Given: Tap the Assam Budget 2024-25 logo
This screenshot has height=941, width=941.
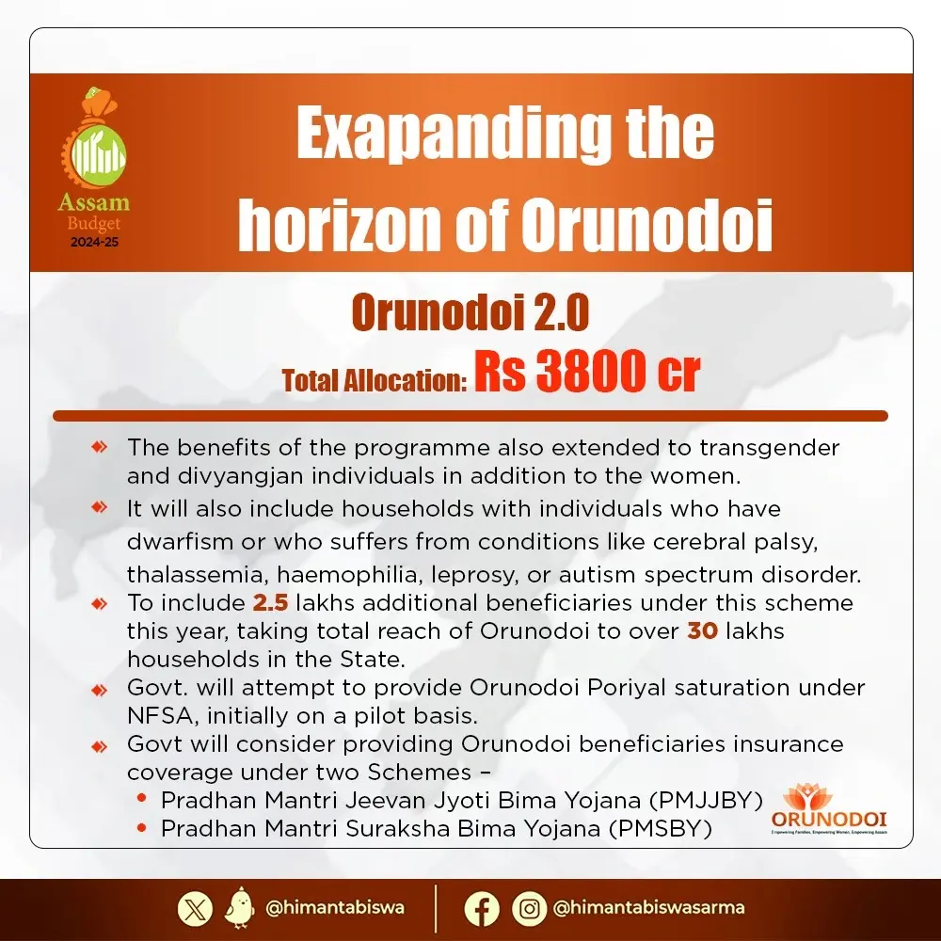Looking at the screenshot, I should pos(93,169).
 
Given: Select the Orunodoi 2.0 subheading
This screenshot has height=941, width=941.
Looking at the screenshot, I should pos(470,314).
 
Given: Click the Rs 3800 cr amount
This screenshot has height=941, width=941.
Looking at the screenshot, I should pos(586,371).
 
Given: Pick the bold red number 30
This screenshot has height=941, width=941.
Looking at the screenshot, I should pos(702,630).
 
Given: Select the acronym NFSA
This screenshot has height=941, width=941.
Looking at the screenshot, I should pos(157,715).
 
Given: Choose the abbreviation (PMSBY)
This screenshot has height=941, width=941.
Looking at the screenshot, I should pos(659,828).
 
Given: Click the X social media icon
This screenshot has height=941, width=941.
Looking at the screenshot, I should pos(195,908).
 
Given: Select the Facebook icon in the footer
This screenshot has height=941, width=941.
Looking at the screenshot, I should pos(482,908).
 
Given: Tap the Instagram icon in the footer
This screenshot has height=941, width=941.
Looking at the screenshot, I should pos(530,908).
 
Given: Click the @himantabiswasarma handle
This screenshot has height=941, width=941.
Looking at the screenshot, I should pos(649,908).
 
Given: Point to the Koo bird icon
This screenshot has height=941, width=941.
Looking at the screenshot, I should pos(240,908).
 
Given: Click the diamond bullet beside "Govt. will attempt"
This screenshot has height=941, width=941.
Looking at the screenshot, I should pos(99,690).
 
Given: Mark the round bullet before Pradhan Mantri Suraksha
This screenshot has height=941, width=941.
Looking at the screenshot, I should pos(141,828).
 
